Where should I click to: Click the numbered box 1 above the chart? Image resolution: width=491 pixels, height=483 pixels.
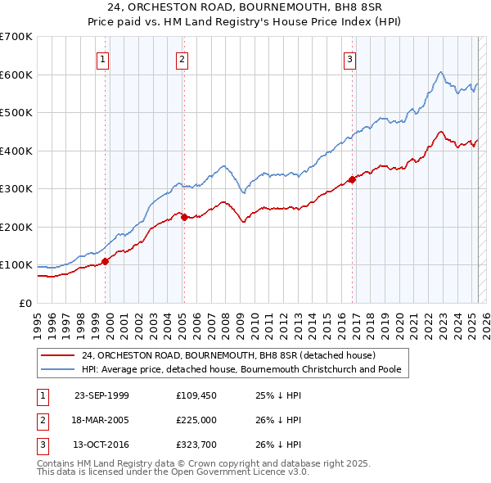(104, 58)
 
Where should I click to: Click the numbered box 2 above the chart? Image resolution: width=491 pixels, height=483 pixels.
(182, 58)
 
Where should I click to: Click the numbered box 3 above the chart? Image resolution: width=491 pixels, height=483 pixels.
(349, 58)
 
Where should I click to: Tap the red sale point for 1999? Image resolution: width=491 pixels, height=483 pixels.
(106, 261)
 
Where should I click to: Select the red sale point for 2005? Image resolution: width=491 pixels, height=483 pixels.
(184, 217)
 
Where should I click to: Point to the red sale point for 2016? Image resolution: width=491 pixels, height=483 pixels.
(352, 179)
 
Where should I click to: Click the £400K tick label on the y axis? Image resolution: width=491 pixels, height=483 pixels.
(16, 151)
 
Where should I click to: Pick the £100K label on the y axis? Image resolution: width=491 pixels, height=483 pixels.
(16, 265)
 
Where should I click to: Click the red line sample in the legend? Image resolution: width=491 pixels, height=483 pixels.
(57, 355)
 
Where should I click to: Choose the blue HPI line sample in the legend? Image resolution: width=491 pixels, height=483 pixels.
(57, 369)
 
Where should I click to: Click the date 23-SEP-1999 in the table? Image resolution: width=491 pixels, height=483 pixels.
(101, 395)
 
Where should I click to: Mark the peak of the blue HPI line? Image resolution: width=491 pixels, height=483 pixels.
(440, 73)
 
